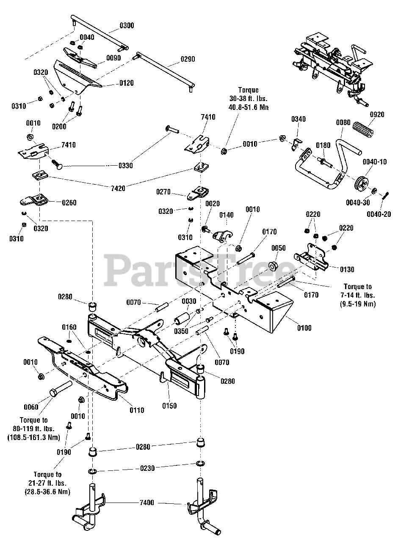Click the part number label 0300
(x=126, y=26)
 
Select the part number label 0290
(x=187, y=59)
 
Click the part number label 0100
(x=304, y=328)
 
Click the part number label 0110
(x=136, y=410)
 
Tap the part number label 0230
(x=147, y=468)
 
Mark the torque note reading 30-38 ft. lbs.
(x=248, y=98)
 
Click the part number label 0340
(x=298, y=120)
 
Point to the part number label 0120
(x=125, y=83)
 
